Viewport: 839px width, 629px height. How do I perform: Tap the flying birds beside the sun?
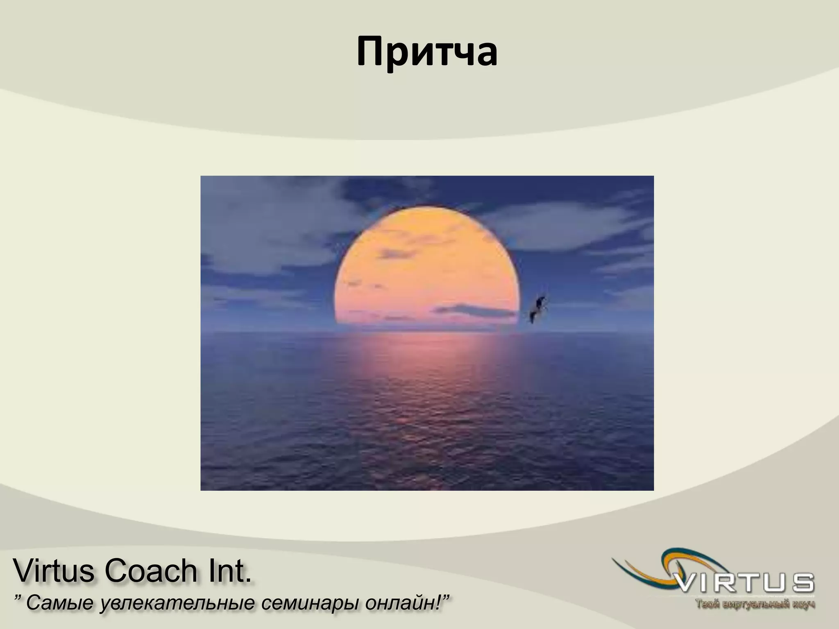click(537, 310)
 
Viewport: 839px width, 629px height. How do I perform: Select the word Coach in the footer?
click(152, 571)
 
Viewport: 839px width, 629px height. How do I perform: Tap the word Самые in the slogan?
click(61, 604)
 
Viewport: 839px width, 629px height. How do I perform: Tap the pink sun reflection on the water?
click(426, 360)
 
